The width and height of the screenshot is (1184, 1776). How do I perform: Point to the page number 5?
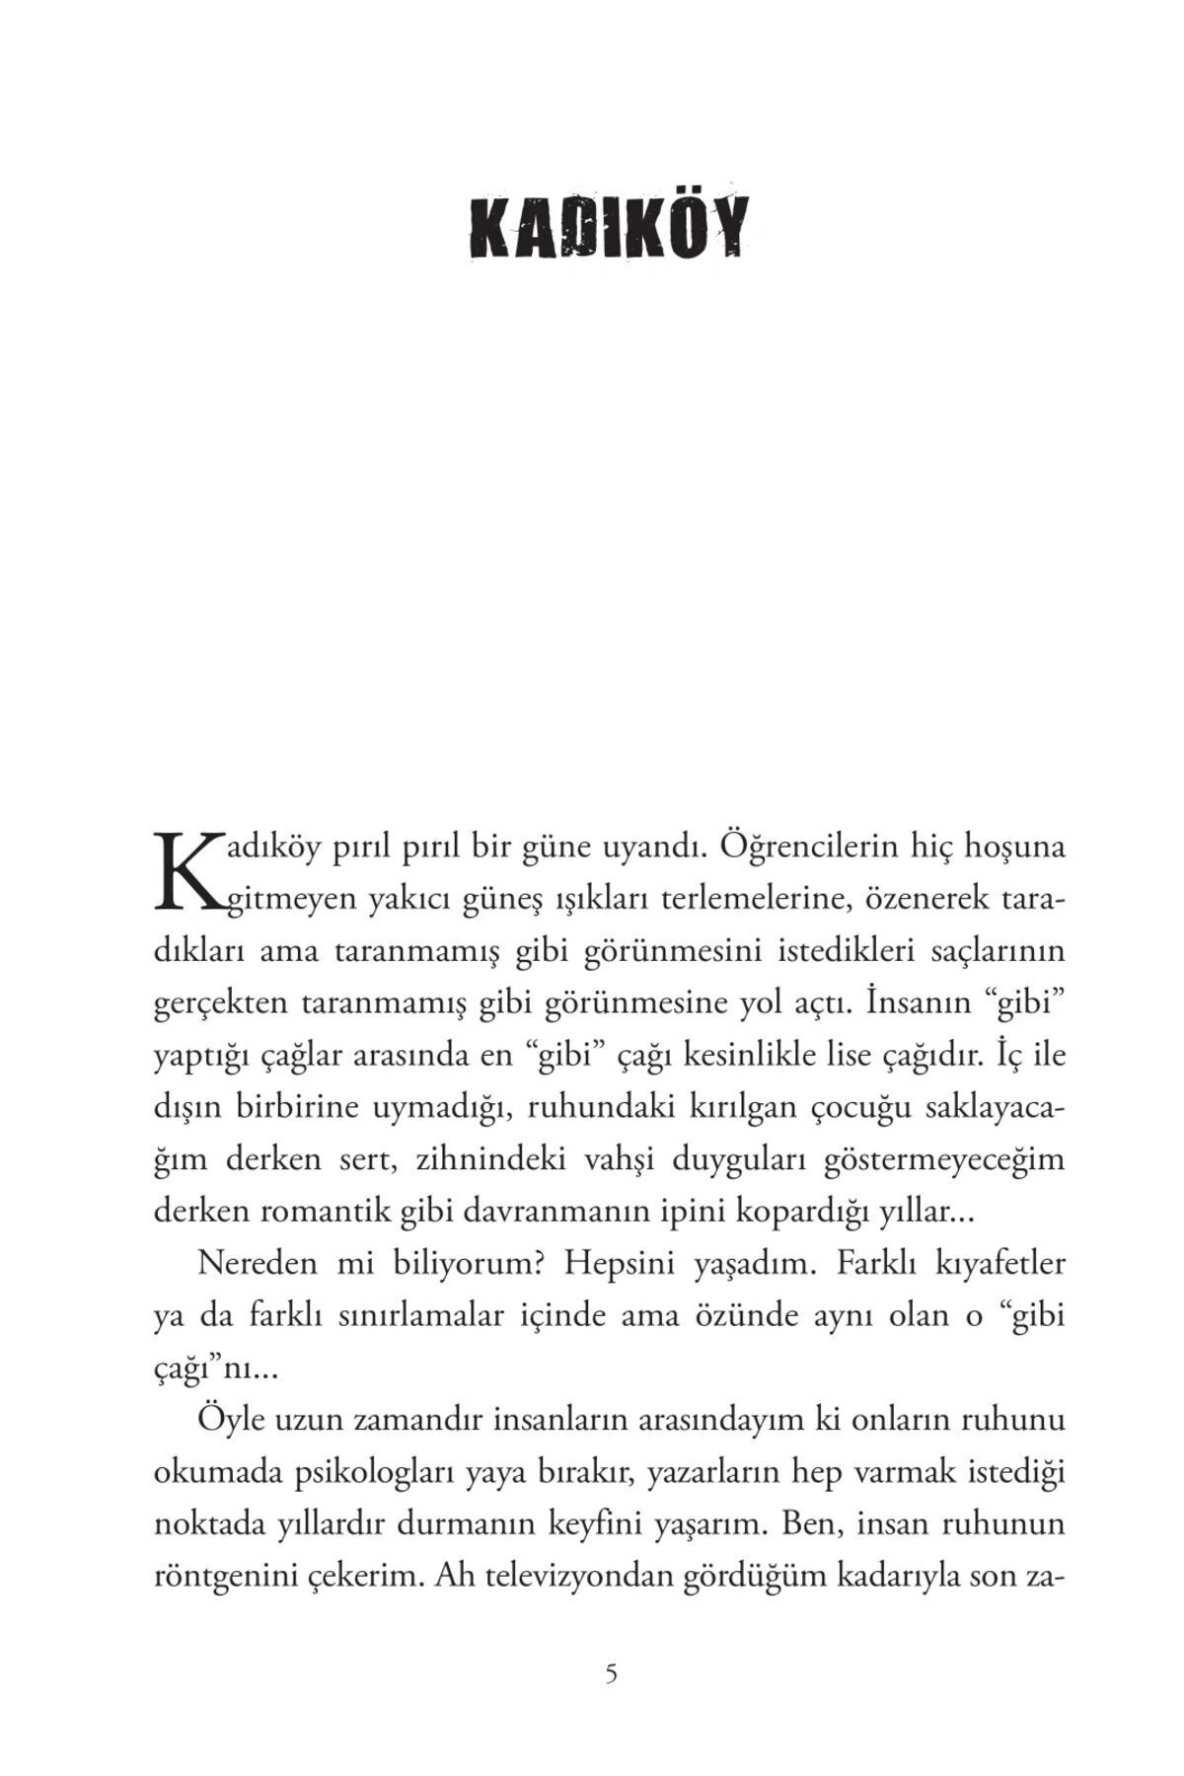[611, 1673]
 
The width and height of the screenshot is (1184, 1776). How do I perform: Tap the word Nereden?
[259, 1263]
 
